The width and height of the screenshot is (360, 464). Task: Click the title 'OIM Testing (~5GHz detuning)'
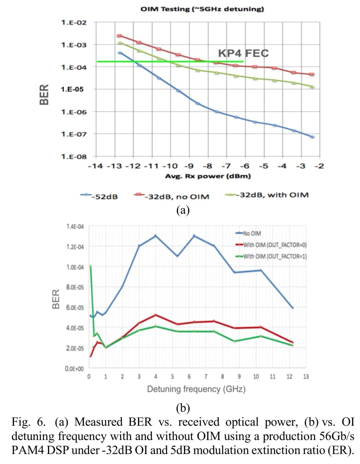[x=202, y=9]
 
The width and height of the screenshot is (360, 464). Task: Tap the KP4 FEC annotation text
[x=243, y=53]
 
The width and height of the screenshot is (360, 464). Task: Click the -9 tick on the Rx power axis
[x=189, y=166]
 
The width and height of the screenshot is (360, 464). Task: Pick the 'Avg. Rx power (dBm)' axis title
[x=208, y=176]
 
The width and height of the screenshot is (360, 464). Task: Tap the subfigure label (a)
[x=183, y=210]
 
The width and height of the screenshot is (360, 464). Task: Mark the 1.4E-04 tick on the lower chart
[x=75, y=227]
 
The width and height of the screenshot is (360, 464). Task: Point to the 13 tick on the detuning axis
[x=306, y=377]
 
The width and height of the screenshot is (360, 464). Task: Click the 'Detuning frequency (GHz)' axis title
[x=196, y=389]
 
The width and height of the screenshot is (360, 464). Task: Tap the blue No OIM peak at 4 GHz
[x=155, y=236]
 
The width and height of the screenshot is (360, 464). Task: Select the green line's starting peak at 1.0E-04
[x=90, y=266]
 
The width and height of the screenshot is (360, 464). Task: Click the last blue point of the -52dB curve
[x=312, y=137]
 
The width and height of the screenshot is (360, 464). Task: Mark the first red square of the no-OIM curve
[x=120, y=36]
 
